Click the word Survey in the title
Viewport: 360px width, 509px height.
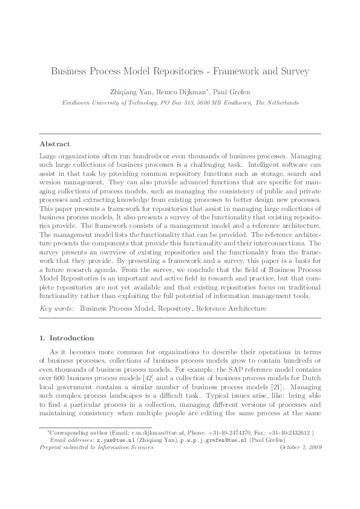(x=293, y=71)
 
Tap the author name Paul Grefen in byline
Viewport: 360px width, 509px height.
(x=232, y=92)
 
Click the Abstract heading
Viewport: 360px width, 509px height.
(x=55, y=144)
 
